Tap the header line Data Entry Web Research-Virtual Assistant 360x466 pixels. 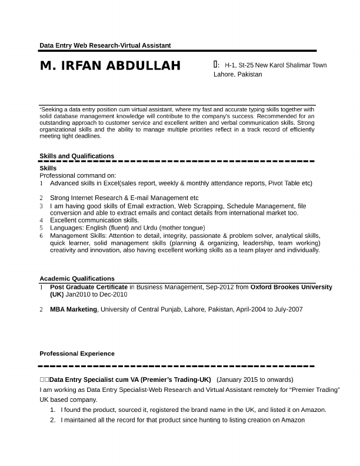[105, 45]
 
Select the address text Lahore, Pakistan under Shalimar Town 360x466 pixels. [238, 75]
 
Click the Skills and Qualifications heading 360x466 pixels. [76, 156]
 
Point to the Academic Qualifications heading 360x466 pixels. [76, 278]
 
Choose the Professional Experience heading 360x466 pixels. [76, 354]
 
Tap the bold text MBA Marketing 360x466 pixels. [73, 309]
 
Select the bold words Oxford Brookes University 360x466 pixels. [291, 287]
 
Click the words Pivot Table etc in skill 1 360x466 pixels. [289, 183]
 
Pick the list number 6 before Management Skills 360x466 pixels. [42, 235]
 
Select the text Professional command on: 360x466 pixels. [78, 175]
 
